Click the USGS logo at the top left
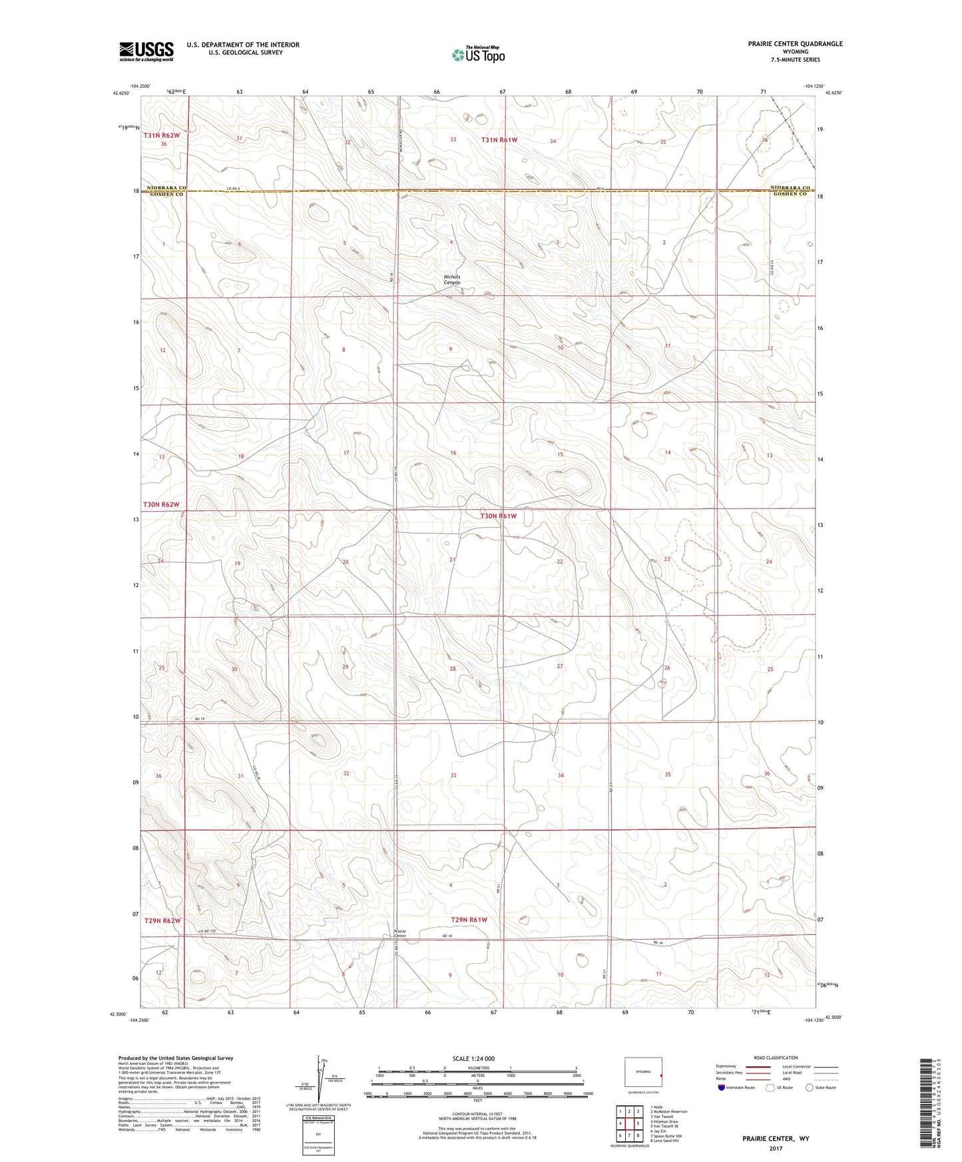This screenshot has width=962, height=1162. point(146,51)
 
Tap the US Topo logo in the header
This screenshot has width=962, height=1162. point(477,55)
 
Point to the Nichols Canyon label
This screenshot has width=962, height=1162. point(452,280)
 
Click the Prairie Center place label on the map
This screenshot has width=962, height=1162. point(400,933)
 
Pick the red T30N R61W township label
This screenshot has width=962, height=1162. point(499,516)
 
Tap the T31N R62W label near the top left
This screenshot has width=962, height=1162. point(161,135)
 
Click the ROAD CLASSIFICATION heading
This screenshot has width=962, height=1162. point(776,1058)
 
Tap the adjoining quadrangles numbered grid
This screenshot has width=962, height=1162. point(629,1125)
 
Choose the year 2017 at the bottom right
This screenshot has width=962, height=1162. point(776,1148)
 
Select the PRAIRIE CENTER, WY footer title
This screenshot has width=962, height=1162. point(776,1139)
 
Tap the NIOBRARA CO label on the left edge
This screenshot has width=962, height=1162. point(163,188)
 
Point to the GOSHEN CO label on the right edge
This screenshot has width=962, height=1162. point(790,194)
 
